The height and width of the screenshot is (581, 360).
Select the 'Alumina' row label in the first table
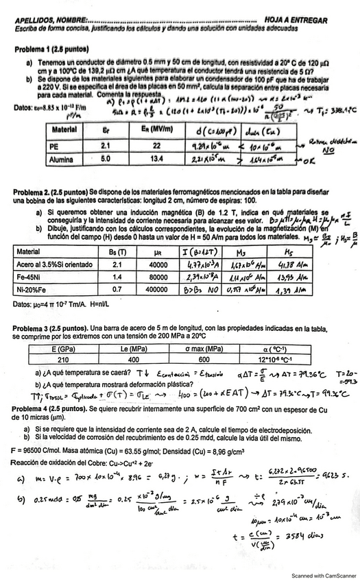pos(62,158)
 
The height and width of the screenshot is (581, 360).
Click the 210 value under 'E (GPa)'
pos(44,359)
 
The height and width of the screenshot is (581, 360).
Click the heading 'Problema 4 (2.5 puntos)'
pos(51,409)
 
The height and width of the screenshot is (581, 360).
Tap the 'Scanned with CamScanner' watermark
pos(320,576)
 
